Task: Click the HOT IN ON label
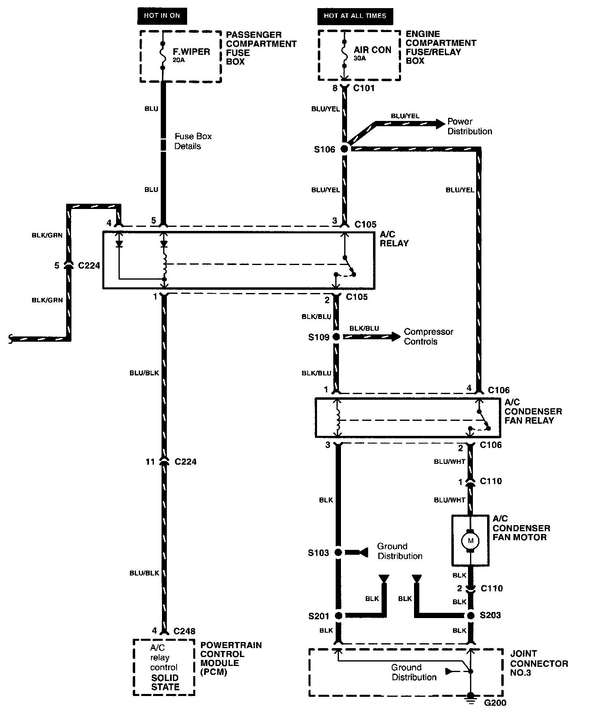(162, 16)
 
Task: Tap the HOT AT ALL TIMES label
(355, 16)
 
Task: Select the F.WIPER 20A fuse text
(191, 54)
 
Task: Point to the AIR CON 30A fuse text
(372, 52)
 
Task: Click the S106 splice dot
(344, 149)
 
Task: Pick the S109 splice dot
(336, 336)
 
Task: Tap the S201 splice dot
(338, 616)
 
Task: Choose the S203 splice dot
(470, 616)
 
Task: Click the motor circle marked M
(470, 541)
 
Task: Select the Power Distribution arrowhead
(440, 124)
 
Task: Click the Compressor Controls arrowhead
(396, 336)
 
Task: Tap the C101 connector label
(364, 88)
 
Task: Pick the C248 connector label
(185, 631)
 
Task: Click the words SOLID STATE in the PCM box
(165, 682)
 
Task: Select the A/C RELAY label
(394, 239)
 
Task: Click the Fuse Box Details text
(193, 141)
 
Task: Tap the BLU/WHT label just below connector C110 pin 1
(449, 500)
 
